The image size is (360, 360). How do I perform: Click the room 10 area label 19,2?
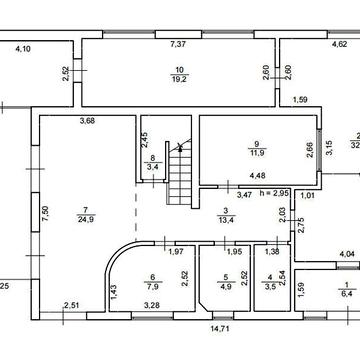[180, 80]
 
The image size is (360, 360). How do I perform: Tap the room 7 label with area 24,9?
[85, 220]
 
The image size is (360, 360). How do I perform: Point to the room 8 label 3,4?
[152, 167]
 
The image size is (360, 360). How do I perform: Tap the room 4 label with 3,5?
[270, 287]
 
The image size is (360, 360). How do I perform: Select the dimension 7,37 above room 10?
[178, 44]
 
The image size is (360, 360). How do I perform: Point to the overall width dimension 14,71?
[220, 328]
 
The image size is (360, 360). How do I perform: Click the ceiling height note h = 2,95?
[274, 193]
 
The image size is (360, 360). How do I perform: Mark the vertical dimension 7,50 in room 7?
[46, 214]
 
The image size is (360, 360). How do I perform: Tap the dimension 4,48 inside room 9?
[257, 176]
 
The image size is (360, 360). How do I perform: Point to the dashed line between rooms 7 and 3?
[136, 213]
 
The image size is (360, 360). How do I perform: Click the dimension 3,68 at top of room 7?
[87, 121]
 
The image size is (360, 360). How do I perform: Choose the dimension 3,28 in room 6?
[151, 305]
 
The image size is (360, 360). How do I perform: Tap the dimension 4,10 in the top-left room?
[23, 49]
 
